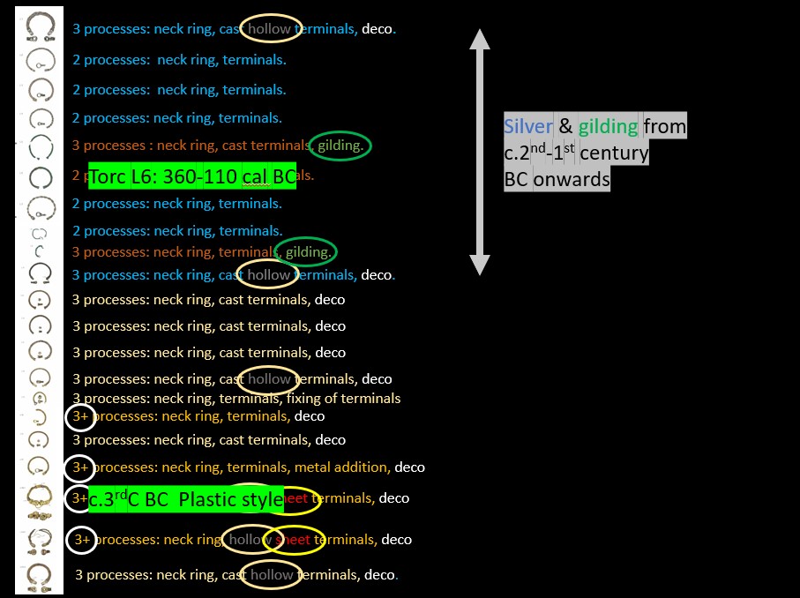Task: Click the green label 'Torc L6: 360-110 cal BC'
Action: (x=192, y=176)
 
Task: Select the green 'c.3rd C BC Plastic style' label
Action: (x=186, y=499)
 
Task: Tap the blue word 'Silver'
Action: (x=527, y=126)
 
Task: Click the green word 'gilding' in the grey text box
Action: (x=608, y=126)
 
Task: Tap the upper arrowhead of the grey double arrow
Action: (x=479, y=40)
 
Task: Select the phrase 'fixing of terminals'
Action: (x=343, y=399)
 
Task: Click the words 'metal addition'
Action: (x=341, y=467)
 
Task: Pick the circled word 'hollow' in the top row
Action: (x=270, y=29)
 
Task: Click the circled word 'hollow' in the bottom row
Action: (x=272, y=575)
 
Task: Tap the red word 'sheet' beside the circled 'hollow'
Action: (x=292, y=540)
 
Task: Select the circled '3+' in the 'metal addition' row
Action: (x=80, y=467)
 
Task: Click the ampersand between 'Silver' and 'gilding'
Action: (x=565, y=126)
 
